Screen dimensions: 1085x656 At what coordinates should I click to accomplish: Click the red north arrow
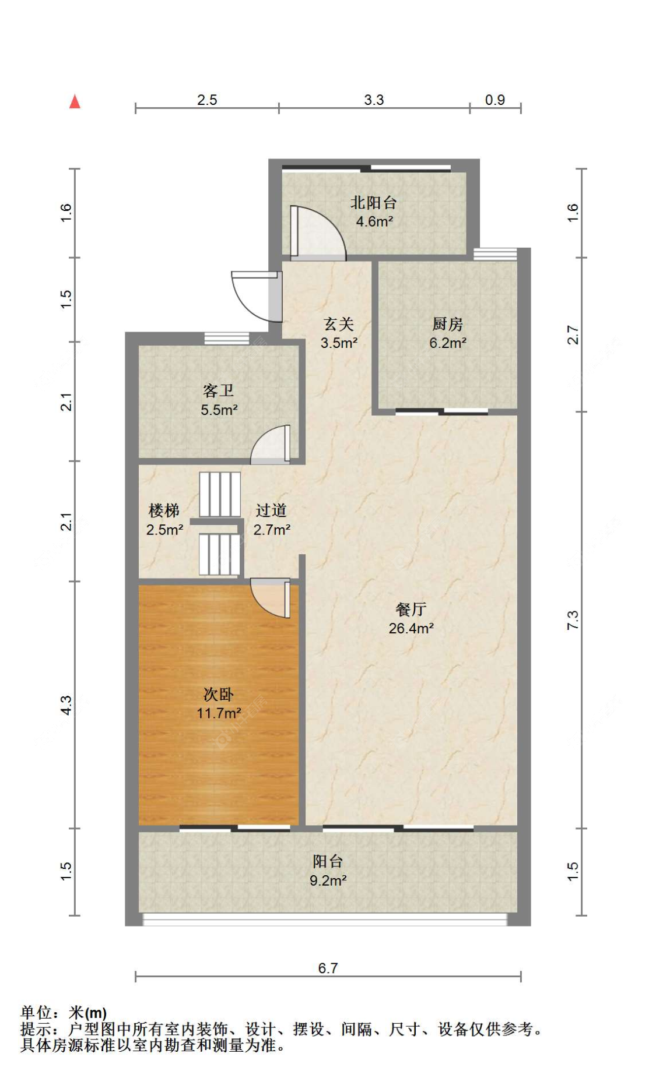click(75, 102)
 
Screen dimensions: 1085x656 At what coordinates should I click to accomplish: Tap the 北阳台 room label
click(373, 203)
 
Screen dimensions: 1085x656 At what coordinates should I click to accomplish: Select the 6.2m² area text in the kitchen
click(447, 343)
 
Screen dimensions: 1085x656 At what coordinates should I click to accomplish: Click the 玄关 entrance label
click(339, 324)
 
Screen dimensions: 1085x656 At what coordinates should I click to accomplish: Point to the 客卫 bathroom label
click(219, 390)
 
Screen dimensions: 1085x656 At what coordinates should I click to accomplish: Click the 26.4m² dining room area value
click(411, 628)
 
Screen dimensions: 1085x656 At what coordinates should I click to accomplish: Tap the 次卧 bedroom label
click(219, 694)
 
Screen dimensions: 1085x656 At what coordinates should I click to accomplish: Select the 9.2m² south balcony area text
click(328, 880)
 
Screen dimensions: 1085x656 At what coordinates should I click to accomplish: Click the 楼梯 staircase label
click(164, 511)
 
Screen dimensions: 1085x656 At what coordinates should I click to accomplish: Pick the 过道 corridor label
click(271, 510)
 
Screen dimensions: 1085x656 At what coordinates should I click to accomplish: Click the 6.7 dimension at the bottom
click(328, 968)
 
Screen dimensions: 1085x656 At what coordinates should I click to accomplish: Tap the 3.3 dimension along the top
click(374, 100)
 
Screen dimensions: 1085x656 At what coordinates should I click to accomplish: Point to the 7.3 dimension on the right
click(573, 620)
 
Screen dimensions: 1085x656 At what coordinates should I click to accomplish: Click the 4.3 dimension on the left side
click(66, 705)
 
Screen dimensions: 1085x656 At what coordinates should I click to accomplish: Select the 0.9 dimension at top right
click(494, 100)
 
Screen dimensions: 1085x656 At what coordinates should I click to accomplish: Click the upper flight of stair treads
click(220, 494)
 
